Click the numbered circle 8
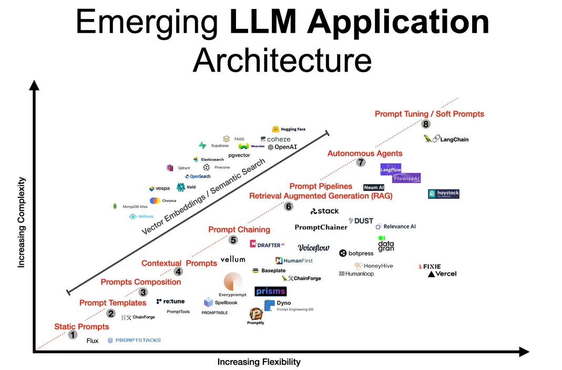pyautogui.click(x=426, y=124)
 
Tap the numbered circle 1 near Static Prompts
pyautogui.click(x=73, y=335)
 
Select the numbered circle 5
pyautogui.click(x=233, y=240)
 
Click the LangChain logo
pyautogui.click(x=446, y=139)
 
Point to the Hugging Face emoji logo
pyautogui.click(x=275, y=129)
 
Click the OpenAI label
pyautogui.click(x=282, y=147)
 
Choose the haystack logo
pyautogui.click(x=444, y=194)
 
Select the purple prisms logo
pyautogui.click(x=270, y=291)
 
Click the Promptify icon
pyautogui.click(x=256, y=314)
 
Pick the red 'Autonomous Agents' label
pyautogui.click(x=365, y=154)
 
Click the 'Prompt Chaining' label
pyautogui.click(x=239, y=229)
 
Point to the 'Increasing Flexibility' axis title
pyautogui.click(x=259, y=362)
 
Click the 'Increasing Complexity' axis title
pyautogui.click(x=22, y=222)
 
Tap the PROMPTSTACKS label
pyautogui.click(x=135, y=341)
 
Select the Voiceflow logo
pyautogui.click(x=313, y=248)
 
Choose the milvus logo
pyautogui.click(x=141, y=216)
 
